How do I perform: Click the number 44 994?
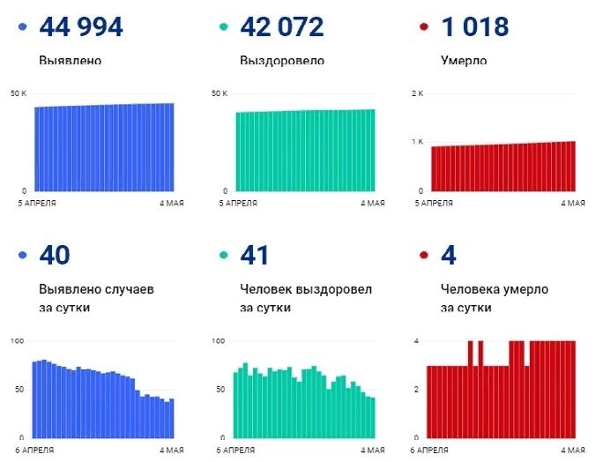pyautogui.click(x=81, y=27)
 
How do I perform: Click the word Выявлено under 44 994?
pyautogui.click(x=71, y=62)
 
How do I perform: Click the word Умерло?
pyautogui.click(x=464, y=62)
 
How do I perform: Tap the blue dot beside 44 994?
pyautogui.click(x=22, y=28)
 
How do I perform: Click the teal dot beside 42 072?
pyautogui.click(x=223, y=28)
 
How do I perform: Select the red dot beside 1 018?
pyautogui.click(x=424, y=28)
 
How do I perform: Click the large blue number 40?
pyautogui.click(x=55, y=257)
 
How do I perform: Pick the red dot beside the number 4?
pyautogui.click(x=424, y=257)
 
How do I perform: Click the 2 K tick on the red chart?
pyautogui.click(x=418, y=93)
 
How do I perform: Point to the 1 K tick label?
pyautogui.click(x=418, y=142)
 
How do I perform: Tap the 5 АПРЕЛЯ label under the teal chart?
pyautogui.click(x=235, y=203)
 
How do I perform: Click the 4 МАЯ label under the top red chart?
pyautogui.click(x=573, y=203)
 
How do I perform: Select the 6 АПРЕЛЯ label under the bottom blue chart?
pyautogui.click(x=35, y=450)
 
